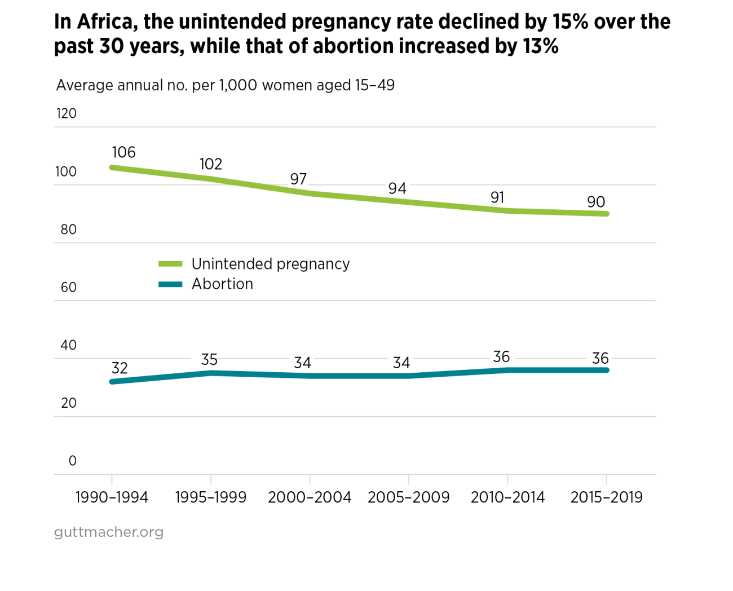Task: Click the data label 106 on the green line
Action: coord(123,152)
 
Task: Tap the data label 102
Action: coord(211,164)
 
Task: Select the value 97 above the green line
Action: coord(298,179)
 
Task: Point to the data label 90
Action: coord(596,202)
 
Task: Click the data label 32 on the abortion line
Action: coord(120,368)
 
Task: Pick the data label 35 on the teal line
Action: coord(209,360)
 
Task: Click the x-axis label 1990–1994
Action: coord(112,497)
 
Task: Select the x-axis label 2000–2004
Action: coord(310,497)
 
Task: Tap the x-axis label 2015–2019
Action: coord(607,497)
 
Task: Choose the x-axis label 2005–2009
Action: coord(409,497)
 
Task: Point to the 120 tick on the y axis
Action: coord(67,113)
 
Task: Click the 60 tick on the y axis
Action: coord(69,287)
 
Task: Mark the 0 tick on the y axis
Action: coord(72,461)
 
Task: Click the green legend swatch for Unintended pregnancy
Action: coord(170,264)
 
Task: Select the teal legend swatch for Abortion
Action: coord(170,284)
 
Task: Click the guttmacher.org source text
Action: coord(109,532)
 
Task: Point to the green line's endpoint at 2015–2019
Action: coord(607,214)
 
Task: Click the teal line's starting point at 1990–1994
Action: coord(112,382)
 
